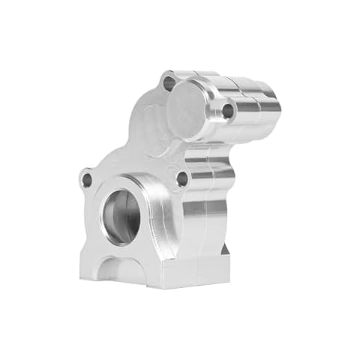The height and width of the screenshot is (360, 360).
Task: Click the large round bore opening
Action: tap(121, 214)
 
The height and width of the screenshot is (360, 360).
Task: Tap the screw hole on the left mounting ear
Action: tap(87, 179)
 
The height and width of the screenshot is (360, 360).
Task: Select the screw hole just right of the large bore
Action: tap(181, 178)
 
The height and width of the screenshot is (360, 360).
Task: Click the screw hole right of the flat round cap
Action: tap(228, 112)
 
